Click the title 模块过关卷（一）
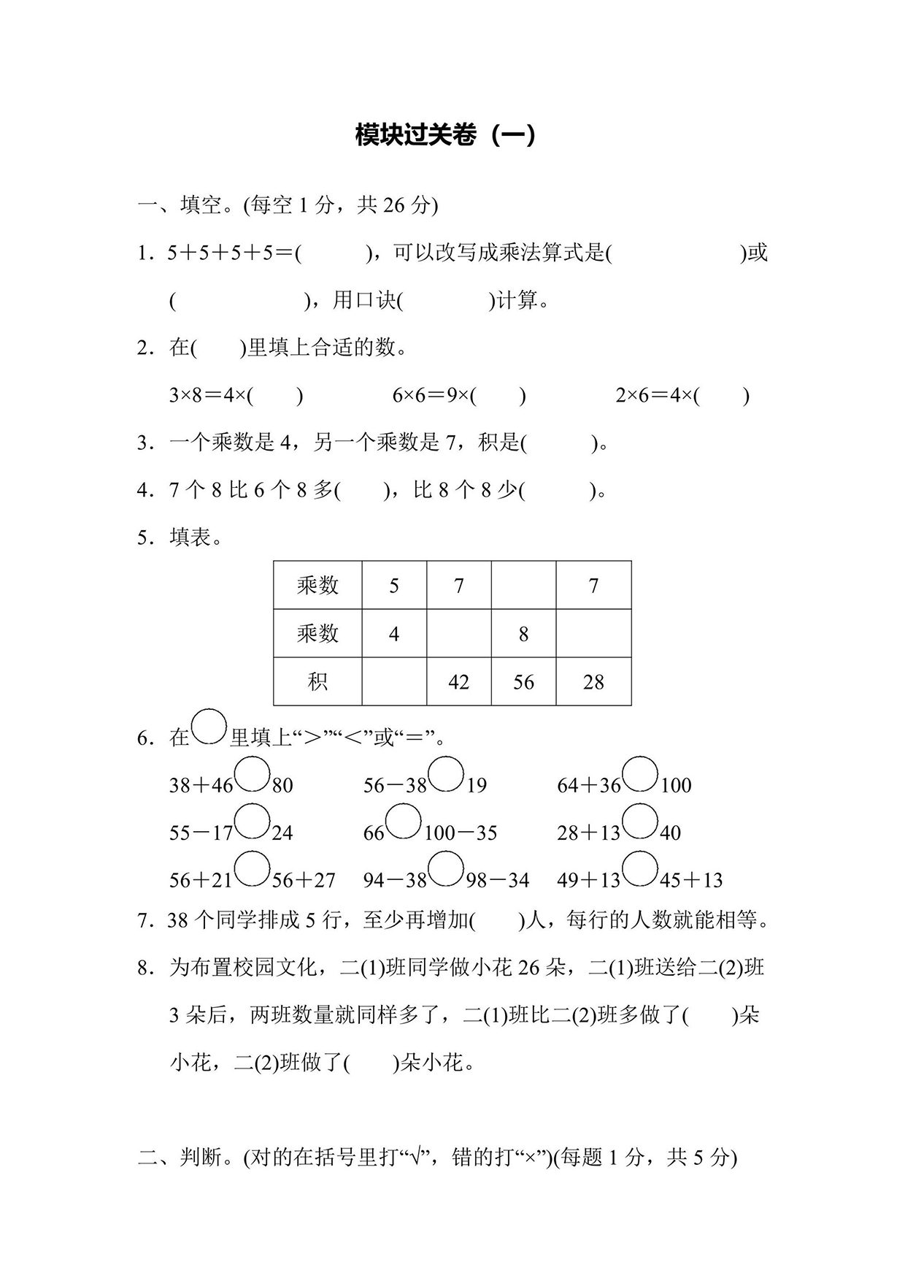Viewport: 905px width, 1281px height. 445,135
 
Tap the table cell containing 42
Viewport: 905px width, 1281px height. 458,682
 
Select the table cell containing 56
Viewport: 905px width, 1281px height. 523,682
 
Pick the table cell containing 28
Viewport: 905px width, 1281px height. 593,682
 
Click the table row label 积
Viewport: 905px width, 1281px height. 317,682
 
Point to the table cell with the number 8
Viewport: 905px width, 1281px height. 523,634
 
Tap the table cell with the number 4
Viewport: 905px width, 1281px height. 394,634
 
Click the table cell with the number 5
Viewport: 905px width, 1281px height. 394,586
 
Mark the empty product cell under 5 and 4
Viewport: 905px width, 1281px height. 394,682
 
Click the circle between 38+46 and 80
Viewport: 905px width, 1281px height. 253,775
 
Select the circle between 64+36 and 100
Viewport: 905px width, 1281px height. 641,775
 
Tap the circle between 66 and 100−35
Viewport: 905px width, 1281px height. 404,822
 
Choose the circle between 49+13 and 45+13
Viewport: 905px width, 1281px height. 641,870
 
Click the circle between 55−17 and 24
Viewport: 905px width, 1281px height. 253,822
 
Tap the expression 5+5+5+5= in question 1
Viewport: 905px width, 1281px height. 229,253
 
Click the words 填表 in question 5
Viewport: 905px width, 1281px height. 190,538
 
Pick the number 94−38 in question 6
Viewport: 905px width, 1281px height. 395,881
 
